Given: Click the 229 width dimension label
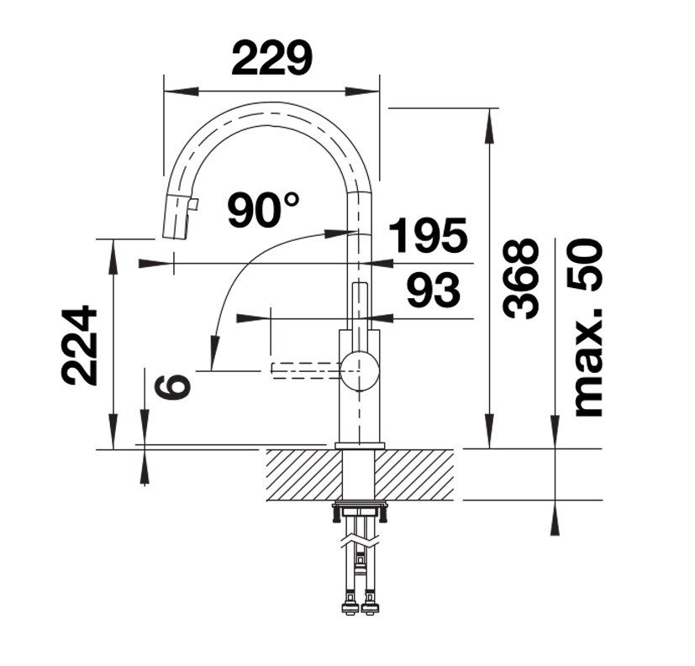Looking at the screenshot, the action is pyautogui.click(x=271, y=58).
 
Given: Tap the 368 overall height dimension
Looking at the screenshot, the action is pyautogui.click(x=521, y=279).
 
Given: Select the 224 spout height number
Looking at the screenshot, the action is pyautogui.click(x=78, y=345).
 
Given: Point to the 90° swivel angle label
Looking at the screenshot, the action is pyautogui.click(x=263, y=209).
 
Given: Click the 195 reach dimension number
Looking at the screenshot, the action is pyautogui.click(x=428, y=234).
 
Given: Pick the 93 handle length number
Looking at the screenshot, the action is pyautogui.click(x=434, y=290).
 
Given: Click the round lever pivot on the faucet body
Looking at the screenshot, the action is pyautogui.click(x=360, y=371).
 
